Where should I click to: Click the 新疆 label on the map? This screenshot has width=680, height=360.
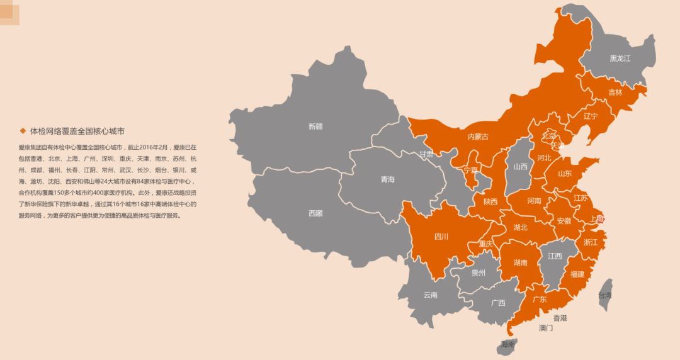[x=315, y=126]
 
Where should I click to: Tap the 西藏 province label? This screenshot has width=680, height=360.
[x=315, y=213]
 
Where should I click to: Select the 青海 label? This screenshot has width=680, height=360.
[x=387, y=180]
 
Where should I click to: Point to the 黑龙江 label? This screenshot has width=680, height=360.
[x=620, y=59]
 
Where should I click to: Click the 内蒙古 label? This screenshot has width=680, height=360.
[x=477, y=137]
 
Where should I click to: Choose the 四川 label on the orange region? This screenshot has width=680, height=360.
[x=441, y=237]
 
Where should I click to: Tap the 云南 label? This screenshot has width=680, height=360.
[x=430, y=295]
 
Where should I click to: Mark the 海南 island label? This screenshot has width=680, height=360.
[x=507, y=344]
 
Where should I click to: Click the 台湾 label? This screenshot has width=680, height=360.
[x=604, y=295]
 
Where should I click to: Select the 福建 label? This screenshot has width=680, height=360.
[x=577, y=274]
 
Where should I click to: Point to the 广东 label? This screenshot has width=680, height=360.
[x=540, y=300]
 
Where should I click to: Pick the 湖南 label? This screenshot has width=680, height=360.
[x=520, y=262]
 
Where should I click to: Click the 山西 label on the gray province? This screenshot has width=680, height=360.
[x=520, y=167]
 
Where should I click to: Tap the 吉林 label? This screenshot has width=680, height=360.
[x=615, y=92]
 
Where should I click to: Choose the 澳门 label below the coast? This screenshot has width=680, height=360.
[x=545, y=328]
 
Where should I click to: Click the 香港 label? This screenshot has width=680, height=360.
[x=560, y=318]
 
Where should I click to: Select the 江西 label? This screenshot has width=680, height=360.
[x=555, y=256]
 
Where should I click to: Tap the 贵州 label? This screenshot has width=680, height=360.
[x=479, y=273]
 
